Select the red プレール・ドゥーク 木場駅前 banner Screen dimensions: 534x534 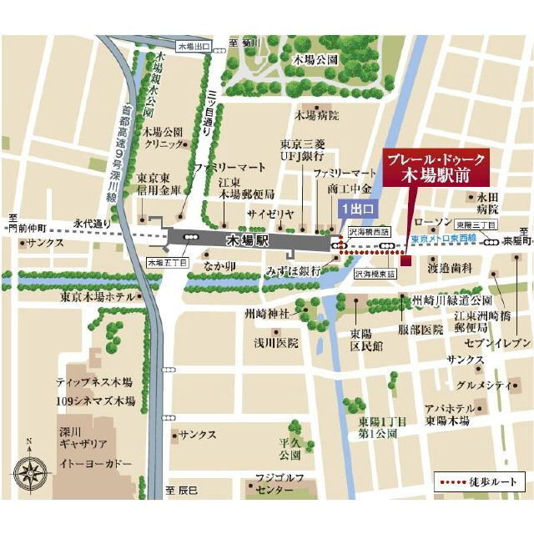434,169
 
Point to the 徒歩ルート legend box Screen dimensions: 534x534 479,483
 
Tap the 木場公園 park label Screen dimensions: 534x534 315,60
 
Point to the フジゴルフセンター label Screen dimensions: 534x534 275,483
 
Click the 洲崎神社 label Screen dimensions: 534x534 272,313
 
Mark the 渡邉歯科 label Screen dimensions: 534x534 450,268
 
